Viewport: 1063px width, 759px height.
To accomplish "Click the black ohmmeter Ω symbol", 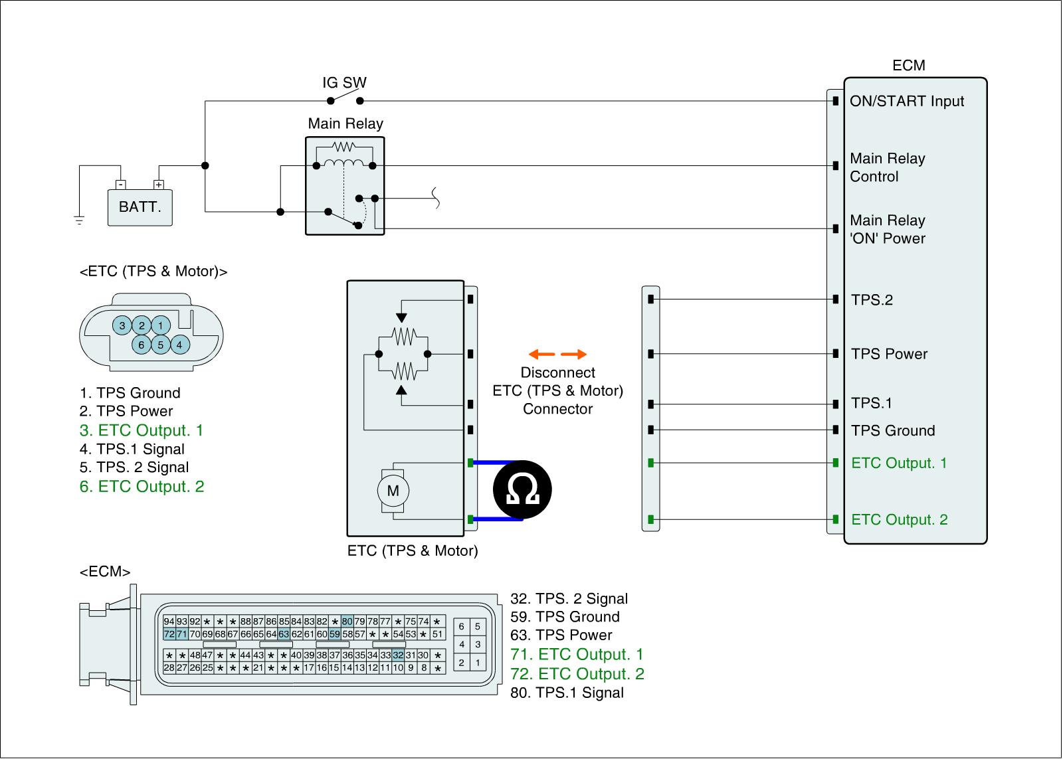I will (x=522, y=490).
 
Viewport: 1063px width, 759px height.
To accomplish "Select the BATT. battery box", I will (x=140, y=207).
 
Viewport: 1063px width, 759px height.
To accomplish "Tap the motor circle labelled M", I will (x=393, y=491).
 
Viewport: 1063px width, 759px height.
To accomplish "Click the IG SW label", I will (x=344, y=83).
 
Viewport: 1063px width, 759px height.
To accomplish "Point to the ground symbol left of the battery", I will (x=79, y=221).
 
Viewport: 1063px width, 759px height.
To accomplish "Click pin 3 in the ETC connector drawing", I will (x=122, y=325).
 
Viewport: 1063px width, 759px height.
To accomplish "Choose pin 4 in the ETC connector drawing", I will (x=179, y=345).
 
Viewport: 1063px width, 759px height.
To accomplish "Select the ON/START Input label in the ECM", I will (x=907, y=101).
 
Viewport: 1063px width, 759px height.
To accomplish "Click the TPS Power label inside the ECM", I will (x=889, y=354).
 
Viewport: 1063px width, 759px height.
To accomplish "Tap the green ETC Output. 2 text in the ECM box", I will (x=899, y=519).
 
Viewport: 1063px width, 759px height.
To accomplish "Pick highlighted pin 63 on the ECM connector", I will (x=284, y=633).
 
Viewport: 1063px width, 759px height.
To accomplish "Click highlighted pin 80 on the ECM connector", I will (x=347, y=622).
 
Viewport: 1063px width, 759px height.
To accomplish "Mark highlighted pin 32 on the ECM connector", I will (x=398, y=655).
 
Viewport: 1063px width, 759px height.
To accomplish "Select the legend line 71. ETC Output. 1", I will (x=577, y=655).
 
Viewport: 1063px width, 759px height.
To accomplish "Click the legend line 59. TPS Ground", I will (x=565, y=617).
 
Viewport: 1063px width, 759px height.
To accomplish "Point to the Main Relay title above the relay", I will (x=345, y=124).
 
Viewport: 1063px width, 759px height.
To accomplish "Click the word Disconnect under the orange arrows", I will (x=557, y=373).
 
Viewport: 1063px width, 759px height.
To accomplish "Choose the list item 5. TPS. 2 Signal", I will (x=134, y=467).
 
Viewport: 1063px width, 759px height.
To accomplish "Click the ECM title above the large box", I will (x=908, y=65).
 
